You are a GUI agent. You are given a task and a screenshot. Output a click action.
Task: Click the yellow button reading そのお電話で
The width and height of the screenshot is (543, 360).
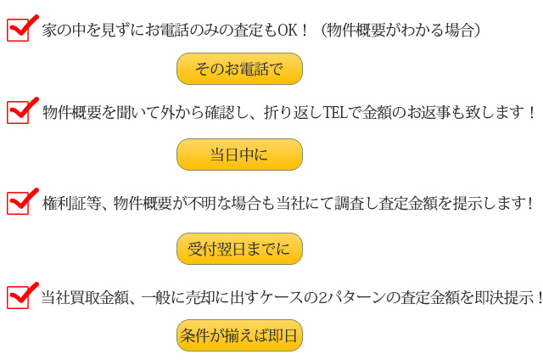click(239, 69)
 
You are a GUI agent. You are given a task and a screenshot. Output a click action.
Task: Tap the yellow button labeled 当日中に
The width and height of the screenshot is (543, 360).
click(239, 155)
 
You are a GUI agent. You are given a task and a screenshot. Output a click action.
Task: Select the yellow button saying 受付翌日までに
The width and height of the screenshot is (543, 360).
click(239, 249)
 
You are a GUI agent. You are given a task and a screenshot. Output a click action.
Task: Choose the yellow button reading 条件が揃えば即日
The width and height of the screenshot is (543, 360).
click(239, 335)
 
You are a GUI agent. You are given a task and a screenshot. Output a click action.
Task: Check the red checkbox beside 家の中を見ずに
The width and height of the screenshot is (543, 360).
click(18, 31)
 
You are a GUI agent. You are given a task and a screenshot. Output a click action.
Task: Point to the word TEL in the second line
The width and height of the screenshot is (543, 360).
click(335, 112)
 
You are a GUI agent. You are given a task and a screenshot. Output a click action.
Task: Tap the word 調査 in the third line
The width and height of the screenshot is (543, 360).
click(349, 204)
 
